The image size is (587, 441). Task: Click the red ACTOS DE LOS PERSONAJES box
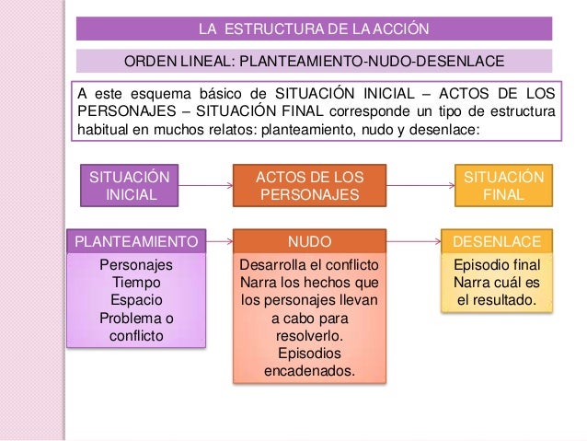coord(310,185)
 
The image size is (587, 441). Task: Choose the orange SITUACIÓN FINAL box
coord(503,185)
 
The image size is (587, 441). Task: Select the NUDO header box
coord(310,242)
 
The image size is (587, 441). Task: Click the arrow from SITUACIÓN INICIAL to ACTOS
coord(206,185)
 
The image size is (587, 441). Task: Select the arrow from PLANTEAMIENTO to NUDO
coord(220,242)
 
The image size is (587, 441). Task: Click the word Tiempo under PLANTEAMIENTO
coord(136,283)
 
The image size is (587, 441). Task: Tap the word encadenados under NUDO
coord(310,372)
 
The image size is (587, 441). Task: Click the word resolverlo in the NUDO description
coord(310,336)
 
